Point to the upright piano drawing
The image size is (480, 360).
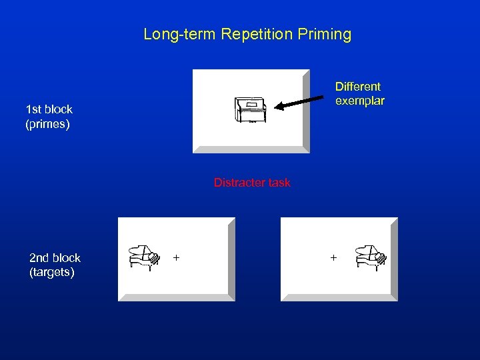point(250,110)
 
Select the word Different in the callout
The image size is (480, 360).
point(358,87)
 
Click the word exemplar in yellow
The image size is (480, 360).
point(360,101)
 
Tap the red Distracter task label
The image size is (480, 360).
point(252,183)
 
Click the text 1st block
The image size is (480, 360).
point(49,109)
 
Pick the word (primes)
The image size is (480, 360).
point(47,124)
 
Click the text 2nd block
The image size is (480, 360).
point(55,258)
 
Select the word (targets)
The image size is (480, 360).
point(52,273)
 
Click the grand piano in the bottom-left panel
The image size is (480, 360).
point(144,257)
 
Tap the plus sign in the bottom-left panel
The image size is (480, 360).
point(177,257)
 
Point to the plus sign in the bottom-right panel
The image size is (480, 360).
point(333,257)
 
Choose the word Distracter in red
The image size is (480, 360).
point(239,183)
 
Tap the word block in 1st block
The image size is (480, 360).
point(59,109)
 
